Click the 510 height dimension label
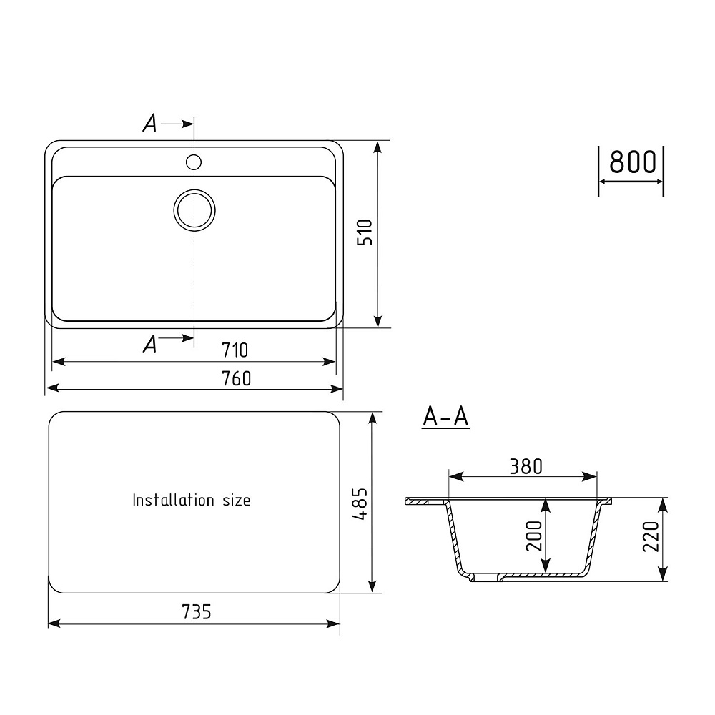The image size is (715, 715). (x=365, y=232)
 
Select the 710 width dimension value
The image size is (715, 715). (x=235, y=350)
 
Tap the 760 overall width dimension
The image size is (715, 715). (x=236, y=378)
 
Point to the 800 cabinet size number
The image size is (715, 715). (x=633, y=162)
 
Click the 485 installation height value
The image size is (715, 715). (x=360, y=504)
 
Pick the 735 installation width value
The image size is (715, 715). (x=197, y=612)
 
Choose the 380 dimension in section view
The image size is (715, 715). (x=526, y=466)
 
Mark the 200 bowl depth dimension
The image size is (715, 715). (x=534, y=536)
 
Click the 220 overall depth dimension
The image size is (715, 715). (x=651, y=536)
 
